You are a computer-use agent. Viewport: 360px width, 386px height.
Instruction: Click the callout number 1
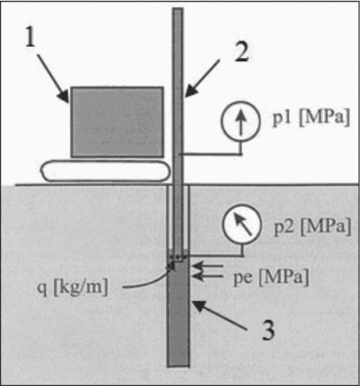tap(30, 37)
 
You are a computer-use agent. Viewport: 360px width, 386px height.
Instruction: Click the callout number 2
tap(242, 52)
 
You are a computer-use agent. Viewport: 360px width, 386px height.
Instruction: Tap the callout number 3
tap(268, 330)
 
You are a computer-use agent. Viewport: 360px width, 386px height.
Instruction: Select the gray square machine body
tap(117, 122)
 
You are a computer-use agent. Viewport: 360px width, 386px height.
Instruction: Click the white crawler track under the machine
tap(105, 171)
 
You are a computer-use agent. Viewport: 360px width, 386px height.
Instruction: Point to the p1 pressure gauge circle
tap(241, 122)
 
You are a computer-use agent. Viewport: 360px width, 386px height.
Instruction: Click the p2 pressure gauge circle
tap(242, 224)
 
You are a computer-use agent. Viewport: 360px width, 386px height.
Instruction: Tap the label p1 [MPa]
tap(312, 117)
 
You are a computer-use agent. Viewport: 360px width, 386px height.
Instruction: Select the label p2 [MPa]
tap(312, 226)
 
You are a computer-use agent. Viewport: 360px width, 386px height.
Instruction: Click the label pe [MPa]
tap(271, 277)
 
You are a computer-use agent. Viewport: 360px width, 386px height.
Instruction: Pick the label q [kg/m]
tap(72, 287)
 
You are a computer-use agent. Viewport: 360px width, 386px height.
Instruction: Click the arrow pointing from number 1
tap(52, 79)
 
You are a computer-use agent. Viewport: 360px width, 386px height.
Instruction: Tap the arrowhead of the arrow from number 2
tap(192, 91)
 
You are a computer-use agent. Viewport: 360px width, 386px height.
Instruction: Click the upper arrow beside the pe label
tap(207, 265)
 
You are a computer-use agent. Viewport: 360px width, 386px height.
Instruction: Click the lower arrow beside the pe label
tap(207, 276)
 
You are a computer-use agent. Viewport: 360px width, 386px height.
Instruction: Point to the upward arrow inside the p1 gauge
tap(241, 122)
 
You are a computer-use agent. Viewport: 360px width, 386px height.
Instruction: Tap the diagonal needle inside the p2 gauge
tap(242, 224)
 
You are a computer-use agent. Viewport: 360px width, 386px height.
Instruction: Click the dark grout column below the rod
tap(179, 312)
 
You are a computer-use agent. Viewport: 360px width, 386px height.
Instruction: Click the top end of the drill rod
tap(178, 9)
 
